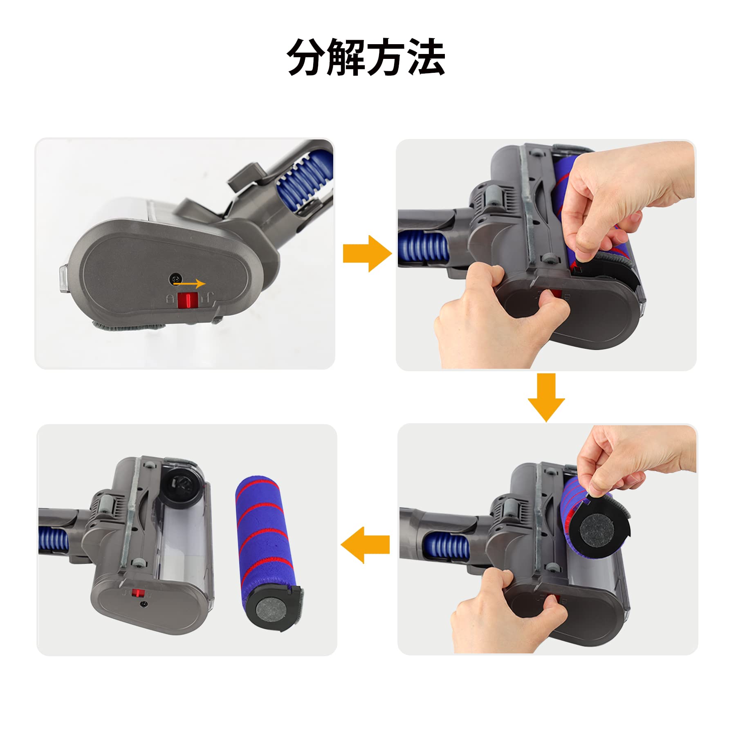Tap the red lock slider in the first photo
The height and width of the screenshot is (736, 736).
188,300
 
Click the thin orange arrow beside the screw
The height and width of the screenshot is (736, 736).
189,283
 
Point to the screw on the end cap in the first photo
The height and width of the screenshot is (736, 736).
174,279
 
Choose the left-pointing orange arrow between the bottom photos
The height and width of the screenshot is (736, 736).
365,545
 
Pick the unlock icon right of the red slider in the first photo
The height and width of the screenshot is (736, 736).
211,300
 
